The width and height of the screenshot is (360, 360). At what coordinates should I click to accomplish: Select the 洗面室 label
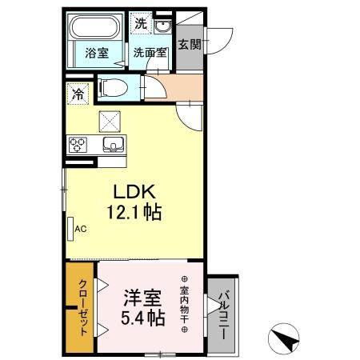[x=150, y=53]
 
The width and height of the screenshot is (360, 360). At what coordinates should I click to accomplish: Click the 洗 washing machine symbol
[x=141, y=24]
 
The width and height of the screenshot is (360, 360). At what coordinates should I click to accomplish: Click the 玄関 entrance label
[x=190, y=45]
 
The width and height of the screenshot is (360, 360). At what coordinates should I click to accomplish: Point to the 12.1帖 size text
[x=133, y=213]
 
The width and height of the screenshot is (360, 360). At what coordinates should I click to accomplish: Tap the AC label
[x=80, y=228]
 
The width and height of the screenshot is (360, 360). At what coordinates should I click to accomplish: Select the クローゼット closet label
[x=83, y=306]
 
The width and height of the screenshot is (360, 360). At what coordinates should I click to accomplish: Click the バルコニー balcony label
[x=224, y=312]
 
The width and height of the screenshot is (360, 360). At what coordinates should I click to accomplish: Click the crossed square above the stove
[x=109, y=122]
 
